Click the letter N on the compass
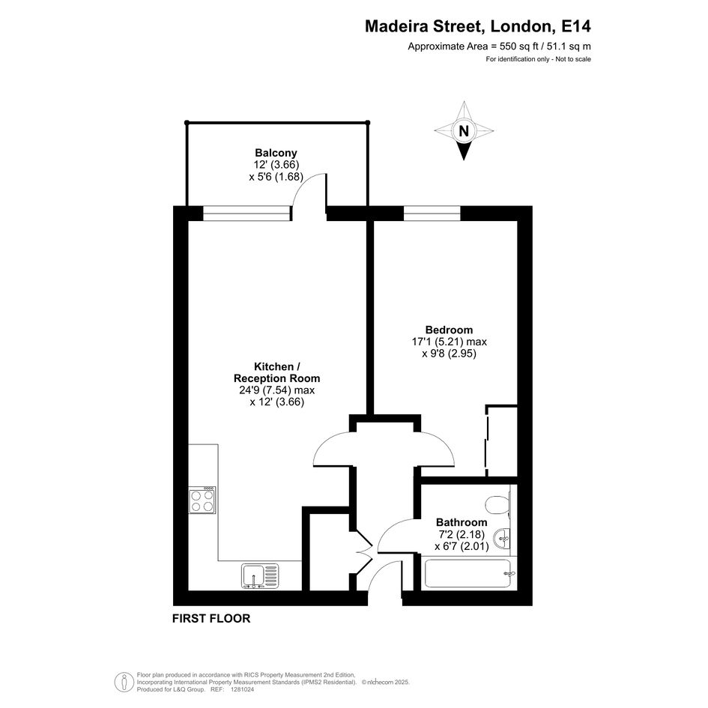[x=464, y=131]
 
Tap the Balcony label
[x=276, y=153]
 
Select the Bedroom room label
[x=449, y=330]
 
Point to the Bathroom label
[x=462, y=522]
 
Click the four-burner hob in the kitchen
[x=202, y=500]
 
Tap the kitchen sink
[x=260, y=577]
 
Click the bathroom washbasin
[x=502, y=538]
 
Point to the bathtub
[x=469, y=573]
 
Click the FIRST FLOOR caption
[x=211, y=619]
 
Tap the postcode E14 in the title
[x=575, y=26]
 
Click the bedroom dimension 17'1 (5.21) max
[x=450, y=342]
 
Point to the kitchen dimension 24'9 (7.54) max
[x=276, y=390]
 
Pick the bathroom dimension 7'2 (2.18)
[x=462, y=535]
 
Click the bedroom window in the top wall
[x=432, y=213]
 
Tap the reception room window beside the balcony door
[x=247, y=213]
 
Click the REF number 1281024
[x=243, y=689]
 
